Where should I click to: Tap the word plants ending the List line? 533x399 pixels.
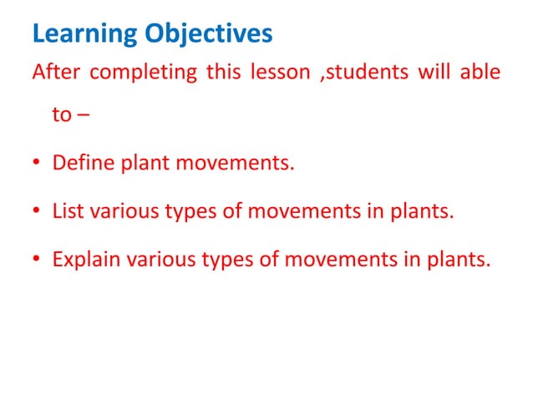[x=422, y=210]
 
